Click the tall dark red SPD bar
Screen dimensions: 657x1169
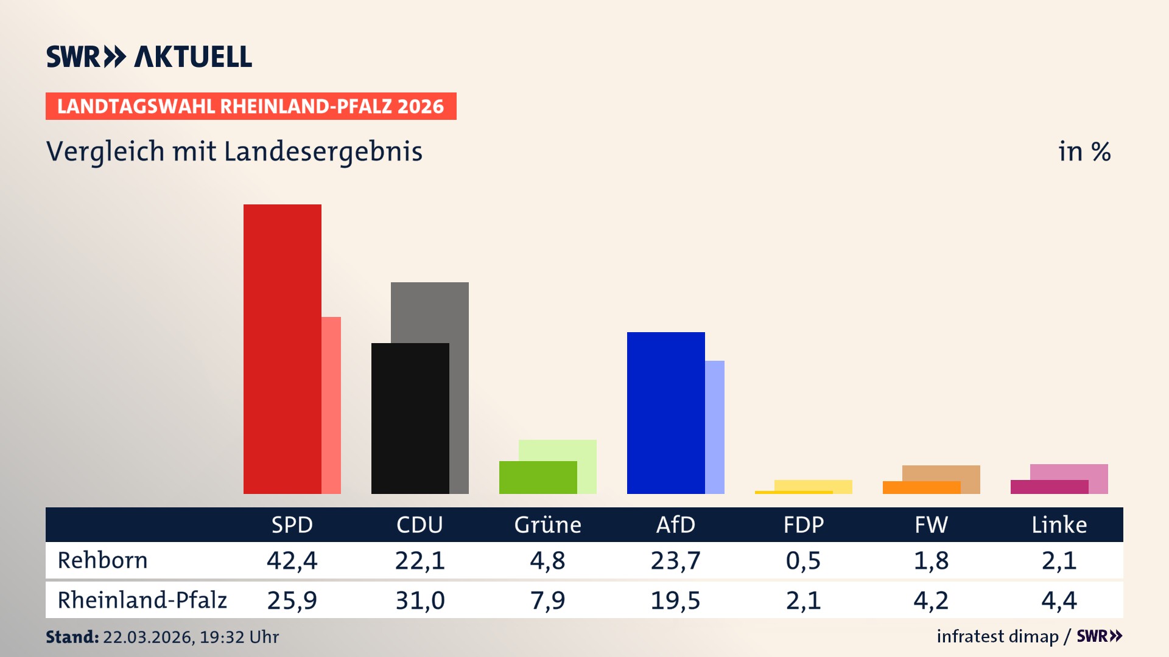(x=283, y=349)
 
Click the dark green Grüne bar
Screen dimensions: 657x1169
(x=538, y=478)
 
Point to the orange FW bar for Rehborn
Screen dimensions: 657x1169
(x=922, y=487)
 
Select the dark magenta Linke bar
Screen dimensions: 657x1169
(x=1050, y=487)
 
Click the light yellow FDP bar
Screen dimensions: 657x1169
(x=813, y=485)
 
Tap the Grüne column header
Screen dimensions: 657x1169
(x=547, y=524)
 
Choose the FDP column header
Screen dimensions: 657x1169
(x=803, y=524)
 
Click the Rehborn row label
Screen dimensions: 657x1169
(x=102, y=560)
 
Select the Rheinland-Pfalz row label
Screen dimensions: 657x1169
(x=142, y=600)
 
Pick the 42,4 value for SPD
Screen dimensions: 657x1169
(x=292, y=560)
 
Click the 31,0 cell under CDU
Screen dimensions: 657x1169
(x=420, y=600)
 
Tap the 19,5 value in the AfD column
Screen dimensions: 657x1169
(x=675, y=600)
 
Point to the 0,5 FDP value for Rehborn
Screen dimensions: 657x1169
(x=803, y=560)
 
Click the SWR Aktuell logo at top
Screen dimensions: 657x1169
(x=149, y=57)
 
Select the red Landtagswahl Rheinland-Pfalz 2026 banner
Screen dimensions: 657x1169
(x=251, y=106)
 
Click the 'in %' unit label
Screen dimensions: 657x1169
(x=1084, y=151)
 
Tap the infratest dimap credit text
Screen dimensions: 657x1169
(x=997, y=636)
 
